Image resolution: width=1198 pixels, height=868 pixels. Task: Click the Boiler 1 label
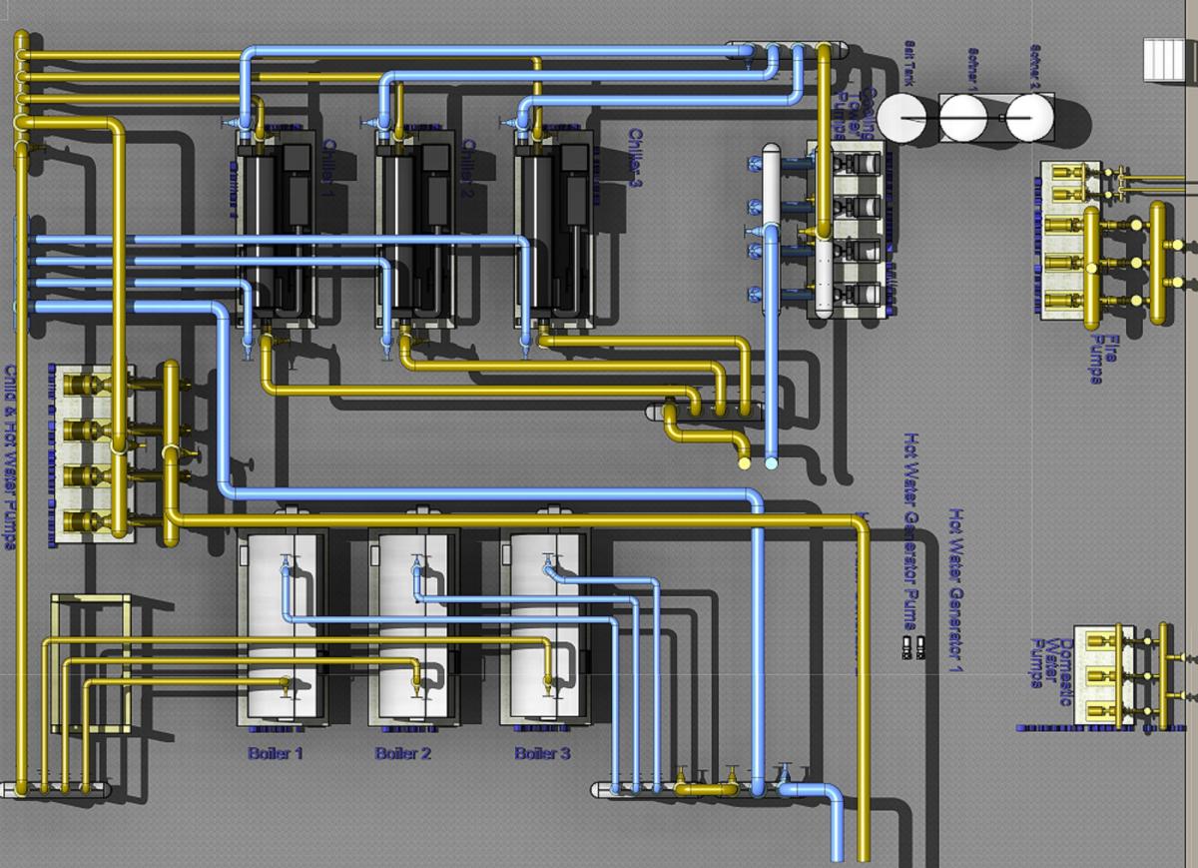[276, 753]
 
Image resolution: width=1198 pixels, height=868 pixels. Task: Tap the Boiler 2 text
[403, 753]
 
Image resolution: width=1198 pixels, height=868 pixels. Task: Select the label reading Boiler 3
[542, 753]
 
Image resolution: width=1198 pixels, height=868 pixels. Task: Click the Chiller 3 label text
[635, 157]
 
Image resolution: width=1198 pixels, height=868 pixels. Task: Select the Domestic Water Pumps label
[1050, 663]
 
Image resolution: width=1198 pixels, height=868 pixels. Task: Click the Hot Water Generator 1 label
[955, 589]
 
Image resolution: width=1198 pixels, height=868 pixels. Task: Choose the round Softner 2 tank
[1029, 118]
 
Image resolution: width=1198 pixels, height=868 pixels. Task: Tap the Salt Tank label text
[908, 60]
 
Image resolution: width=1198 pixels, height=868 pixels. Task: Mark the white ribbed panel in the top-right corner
[1164, 59]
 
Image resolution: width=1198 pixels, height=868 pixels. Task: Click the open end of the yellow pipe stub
[743, 463]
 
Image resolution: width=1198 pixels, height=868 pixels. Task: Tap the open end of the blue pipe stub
[771, 463]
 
